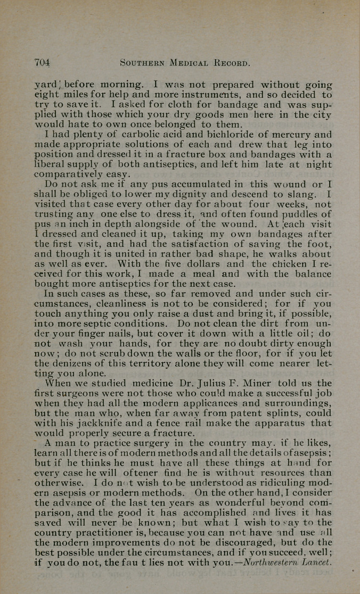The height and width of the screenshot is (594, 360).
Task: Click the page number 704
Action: pyautogui.click(x=42, y=62)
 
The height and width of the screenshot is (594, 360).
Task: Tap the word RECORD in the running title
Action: pyautogui.click(x=231, y=63)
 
